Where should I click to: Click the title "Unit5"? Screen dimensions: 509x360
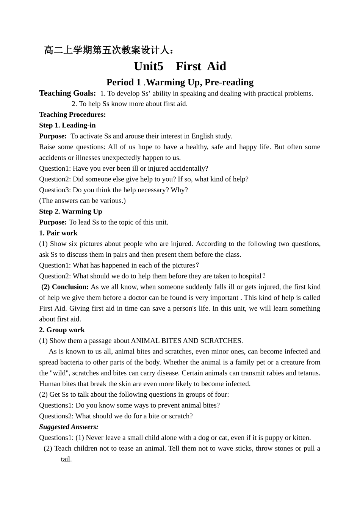149,66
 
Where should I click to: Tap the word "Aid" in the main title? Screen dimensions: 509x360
216,66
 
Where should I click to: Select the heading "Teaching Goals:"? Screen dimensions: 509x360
67,93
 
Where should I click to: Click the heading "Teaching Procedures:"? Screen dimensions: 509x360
72,115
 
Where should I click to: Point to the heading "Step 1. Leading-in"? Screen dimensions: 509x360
67,125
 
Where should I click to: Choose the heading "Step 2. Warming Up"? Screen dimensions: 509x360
70,211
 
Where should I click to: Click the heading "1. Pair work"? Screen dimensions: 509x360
58,233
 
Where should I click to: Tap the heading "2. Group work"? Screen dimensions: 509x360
62,330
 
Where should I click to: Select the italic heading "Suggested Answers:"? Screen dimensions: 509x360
69,427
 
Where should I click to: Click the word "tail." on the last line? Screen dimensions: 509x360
66,459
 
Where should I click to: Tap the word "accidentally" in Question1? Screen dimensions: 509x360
189,168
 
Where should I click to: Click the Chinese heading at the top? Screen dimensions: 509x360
110,50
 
